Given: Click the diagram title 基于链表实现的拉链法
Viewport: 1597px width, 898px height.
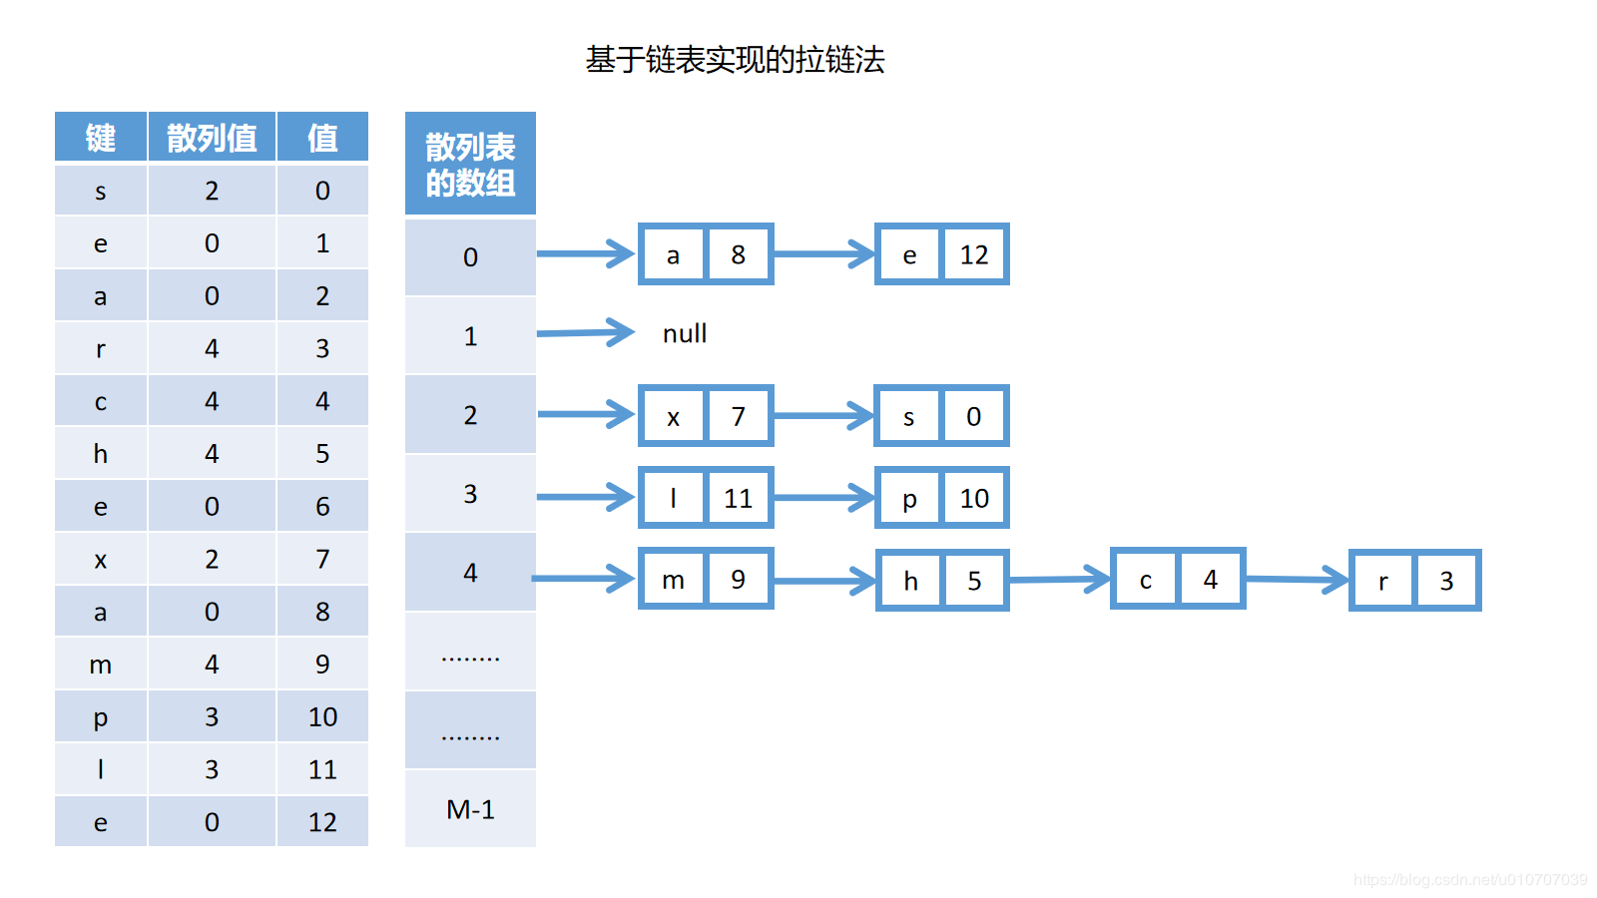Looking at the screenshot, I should [735, 60].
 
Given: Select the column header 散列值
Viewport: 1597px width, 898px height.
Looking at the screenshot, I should [212, 138].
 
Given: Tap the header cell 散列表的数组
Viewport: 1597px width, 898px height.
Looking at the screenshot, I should [470, 165].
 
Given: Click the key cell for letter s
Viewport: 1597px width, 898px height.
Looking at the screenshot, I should [101, 191].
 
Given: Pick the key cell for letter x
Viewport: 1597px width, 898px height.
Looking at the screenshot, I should [101, 560].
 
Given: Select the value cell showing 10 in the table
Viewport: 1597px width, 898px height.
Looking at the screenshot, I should [322, 717].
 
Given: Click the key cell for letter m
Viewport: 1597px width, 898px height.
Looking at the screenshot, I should [101, 665].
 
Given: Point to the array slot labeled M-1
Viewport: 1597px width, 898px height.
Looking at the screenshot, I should [470, 809].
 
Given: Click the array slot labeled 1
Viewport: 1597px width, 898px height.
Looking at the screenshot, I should [470, 336].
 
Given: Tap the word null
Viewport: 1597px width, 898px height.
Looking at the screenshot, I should [685, 333].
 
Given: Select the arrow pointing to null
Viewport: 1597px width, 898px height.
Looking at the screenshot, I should [586, 333].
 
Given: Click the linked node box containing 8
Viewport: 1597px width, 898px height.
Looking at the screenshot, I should [739, 254].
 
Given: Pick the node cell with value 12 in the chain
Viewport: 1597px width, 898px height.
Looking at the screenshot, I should [974, 254].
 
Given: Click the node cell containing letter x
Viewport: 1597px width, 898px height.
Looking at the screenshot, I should [674, 416].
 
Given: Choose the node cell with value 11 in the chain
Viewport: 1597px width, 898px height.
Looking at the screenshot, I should [739, 498].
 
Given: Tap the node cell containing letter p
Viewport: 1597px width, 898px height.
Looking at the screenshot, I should [909, 498].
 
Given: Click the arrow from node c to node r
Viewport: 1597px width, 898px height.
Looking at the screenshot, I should [1297, 579].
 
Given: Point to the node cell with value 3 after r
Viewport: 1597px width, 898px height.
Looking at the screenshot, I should [1446, 581].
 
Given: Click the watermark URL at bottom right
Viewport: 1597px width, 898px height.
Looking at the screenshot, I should [1470, 880].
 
